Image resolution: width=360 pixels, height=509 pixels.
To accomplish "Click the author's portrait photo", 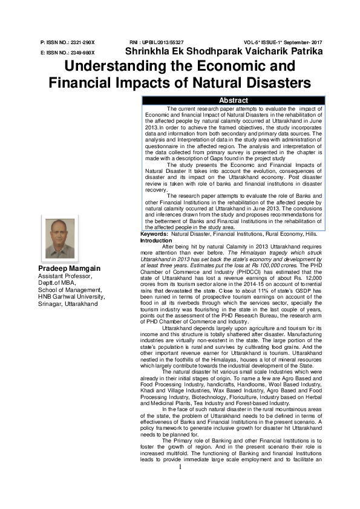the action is (x=60, y=239).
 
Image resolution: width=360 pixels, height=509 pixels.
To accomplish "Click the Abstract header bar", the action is (x=233, y=100).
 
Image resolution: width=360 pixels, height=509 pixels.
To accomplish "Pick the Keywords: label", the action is (x=154, y=250).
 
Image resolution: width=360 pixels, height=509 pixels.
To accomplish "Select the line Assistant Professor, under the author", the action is (x=64, y=276).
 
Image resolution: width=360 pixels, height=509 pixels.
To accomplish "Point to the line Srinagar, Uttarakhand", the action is (x=68, y=303).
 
